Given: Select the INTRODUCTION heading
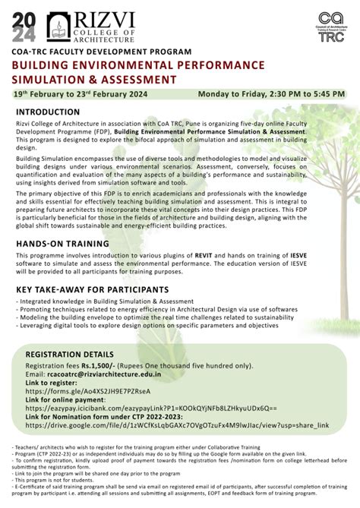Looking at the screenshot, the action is point(51,112).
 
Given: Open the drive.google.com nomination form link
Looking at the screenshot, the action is point(175,425).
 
